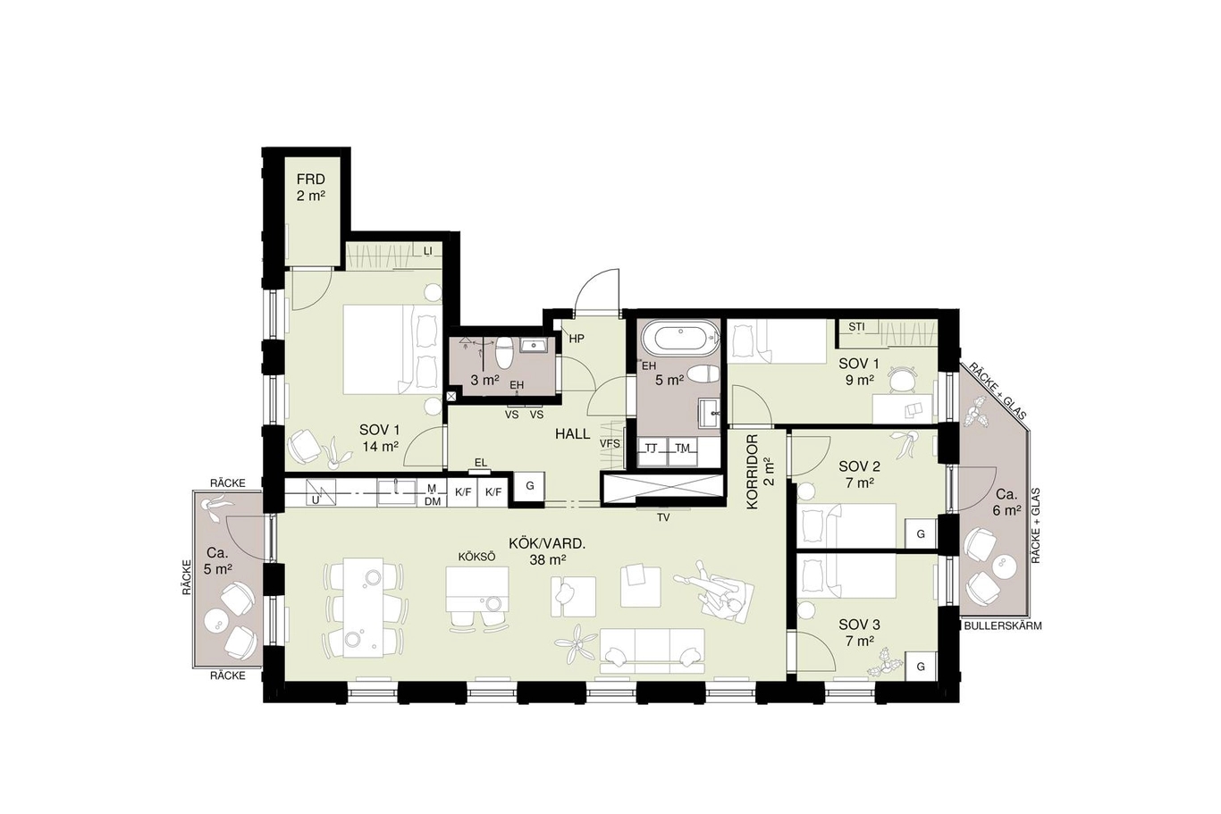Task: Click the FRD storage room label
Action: point(311,180)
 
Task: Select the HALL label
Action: point(572,434)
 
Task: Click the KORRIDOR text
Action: point(753,472)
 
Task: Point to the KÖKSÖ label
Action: point(477,557)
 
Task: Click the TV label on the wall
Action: point(663,518)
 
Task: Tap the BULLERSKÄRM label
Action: point(1003,626)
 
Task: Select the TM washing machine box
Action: point(684,451)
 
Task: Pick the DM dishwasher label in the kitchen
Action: point(433,502)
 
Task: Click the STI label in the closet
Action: point(856,327)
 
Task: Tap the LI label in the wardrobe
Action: point(428,251)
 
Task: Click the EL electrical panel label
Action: point(480,463)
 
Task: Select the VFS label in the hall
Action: point(610,444)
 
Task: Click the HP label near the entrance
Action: point(577,339)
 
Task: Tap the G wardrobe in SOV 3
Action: point(921,666)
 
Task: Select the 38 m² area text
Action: point(547,559)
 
